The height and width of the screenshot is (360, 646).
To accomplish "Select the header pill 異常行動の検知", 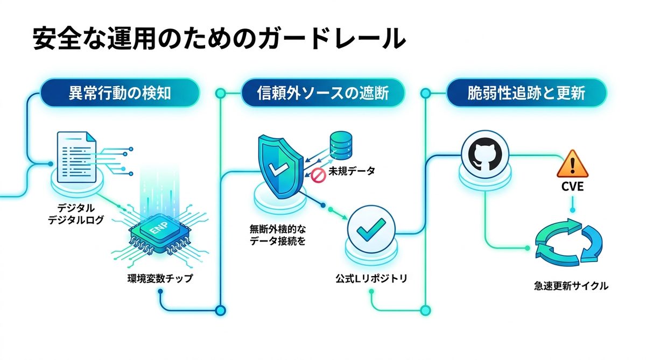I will (120, 94).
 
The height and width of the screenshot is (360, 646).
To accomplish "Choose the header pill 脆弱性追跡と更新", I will (526, 94).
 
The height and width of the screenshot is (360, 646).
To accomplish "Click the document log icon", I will (76, 152).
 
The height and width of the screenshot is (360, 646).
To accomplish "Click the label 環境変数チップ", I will (159, 279).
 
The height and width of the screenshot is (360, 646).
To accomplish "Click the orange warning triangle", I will (572, 165).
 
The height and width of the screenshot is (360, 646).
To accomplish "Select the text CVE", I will (572, 189).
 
